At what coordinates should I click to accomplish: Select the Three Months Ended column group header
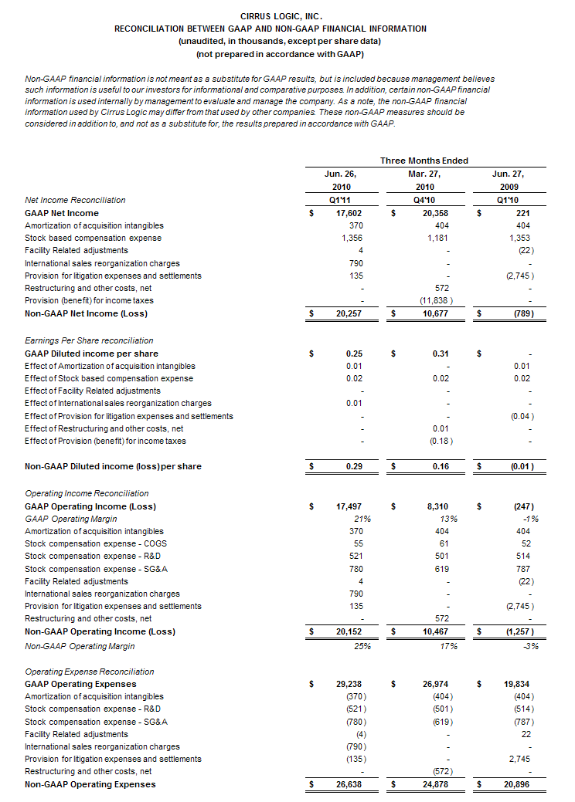point(424,161)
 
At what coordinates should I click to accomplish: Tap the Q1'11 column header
point(340,200)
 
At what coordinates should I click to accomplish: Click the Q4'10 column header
point(424,200)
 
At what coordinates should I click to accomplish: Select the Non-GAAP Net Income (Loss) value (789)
point(522,313)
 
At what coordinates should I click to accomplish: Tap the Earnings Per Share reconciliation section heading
point(89,340)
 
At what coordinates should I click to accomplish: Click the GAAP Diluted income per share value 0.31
point(441,354)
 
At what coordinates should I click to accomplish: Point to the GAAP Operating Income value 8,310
point(438,506)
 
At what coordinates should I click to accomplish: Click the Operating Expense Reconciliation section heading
point(89,672)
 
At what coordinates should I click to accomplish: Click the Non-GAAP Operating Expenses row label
point(90,784)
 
